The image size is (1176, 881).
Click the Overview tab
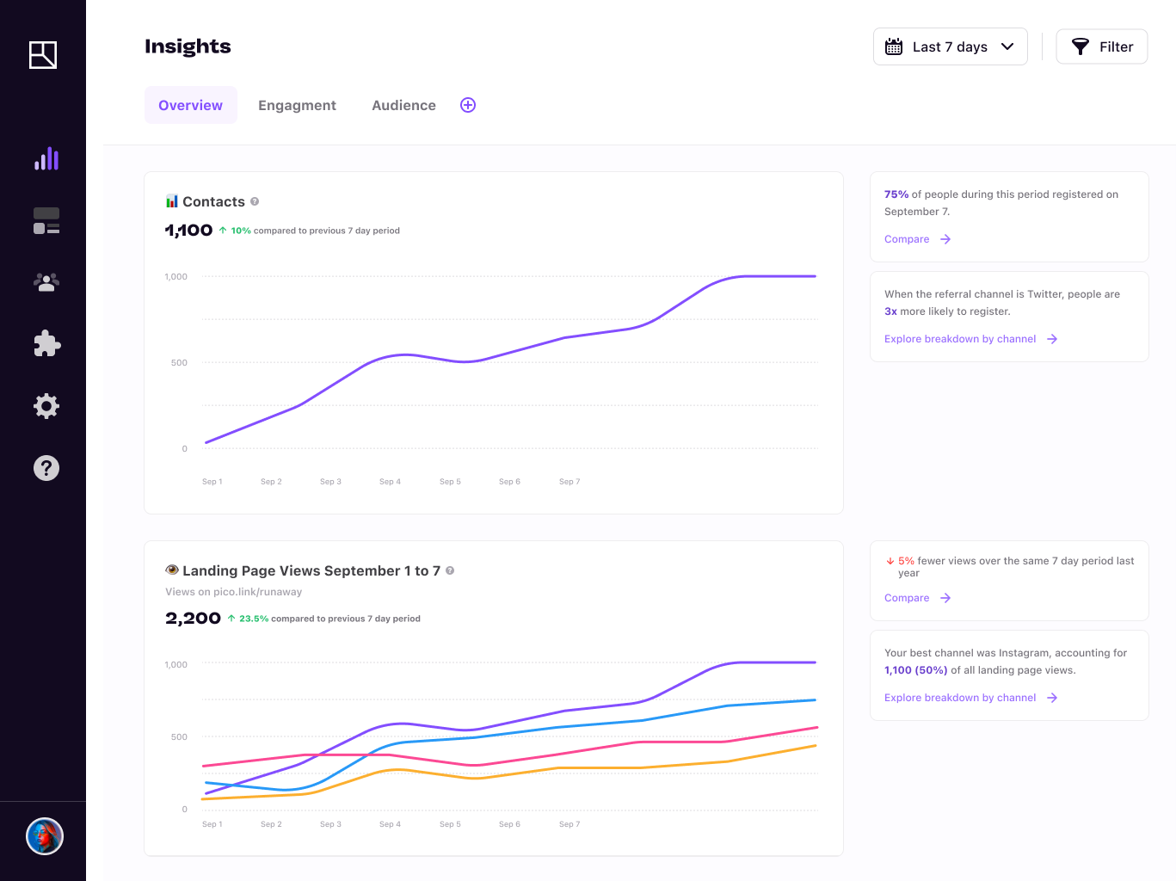pyautogui.click(x=190, y=105)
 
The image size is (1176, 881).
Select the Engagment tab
pyautogui.click(x=297, y=105)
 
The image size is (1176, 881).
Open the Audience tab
pyautogui.click(x=403, y=105)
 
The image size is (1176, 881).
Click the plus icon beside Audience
pyautogui.click(x=468, y=105)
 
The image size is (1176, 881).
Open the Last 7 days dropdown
pyautogui.click(x=950, y=46)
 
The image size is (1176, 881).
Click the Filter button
pyautogui.click(x=1101, y=46)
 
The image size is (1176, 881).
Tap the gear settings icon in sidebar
pyautogui.click(x=46, y=406)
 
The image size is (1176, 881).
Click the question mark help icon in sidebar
pyautogui.click(x=46, y=468)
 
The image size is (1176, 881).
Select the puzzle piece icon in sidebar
pyautogui.click(x=46, y=344)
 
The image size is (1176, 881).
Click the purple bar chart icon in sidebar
pyautogui.click(x=46, y=158)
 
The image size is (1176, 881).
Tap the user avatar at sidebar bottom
pyautogui.click(x=45, y=836)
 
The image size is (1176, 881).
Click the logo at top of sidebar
pyautogui.click(x=43, y=55)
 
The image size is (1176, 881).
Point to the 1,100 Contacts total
pyautogui.click(x=188, y=231)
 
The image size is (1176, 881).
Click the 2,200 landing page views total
pyautogui.click(x=193, y=619)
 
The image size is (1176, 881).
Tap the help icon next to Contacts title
pyautogui.click(x=255, y=201)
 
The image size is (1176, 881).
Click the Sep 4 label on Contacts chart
pyautogui.click(x=390, y=482)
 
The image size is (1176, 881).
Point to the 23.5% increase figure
pyautogui.click(x=253, y=619)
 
